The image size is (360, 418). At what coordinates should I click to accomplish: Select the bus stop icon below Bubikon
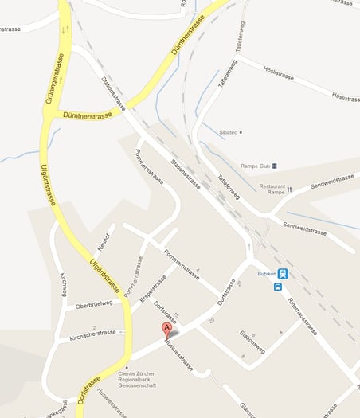click(x=277, y=287)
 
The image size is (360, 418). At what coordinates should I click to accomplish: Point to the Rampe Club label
click(x=251, y=166)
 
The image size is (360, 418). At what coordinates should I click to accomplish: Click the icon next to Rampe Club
click(x=275, y=166)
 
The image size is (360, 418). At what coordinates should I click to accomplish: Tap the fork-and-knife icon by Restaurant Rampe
click(x=290, y=189)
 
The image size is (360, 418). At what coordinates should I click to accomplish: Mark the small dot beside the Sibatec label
click(x=241, y=131)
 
